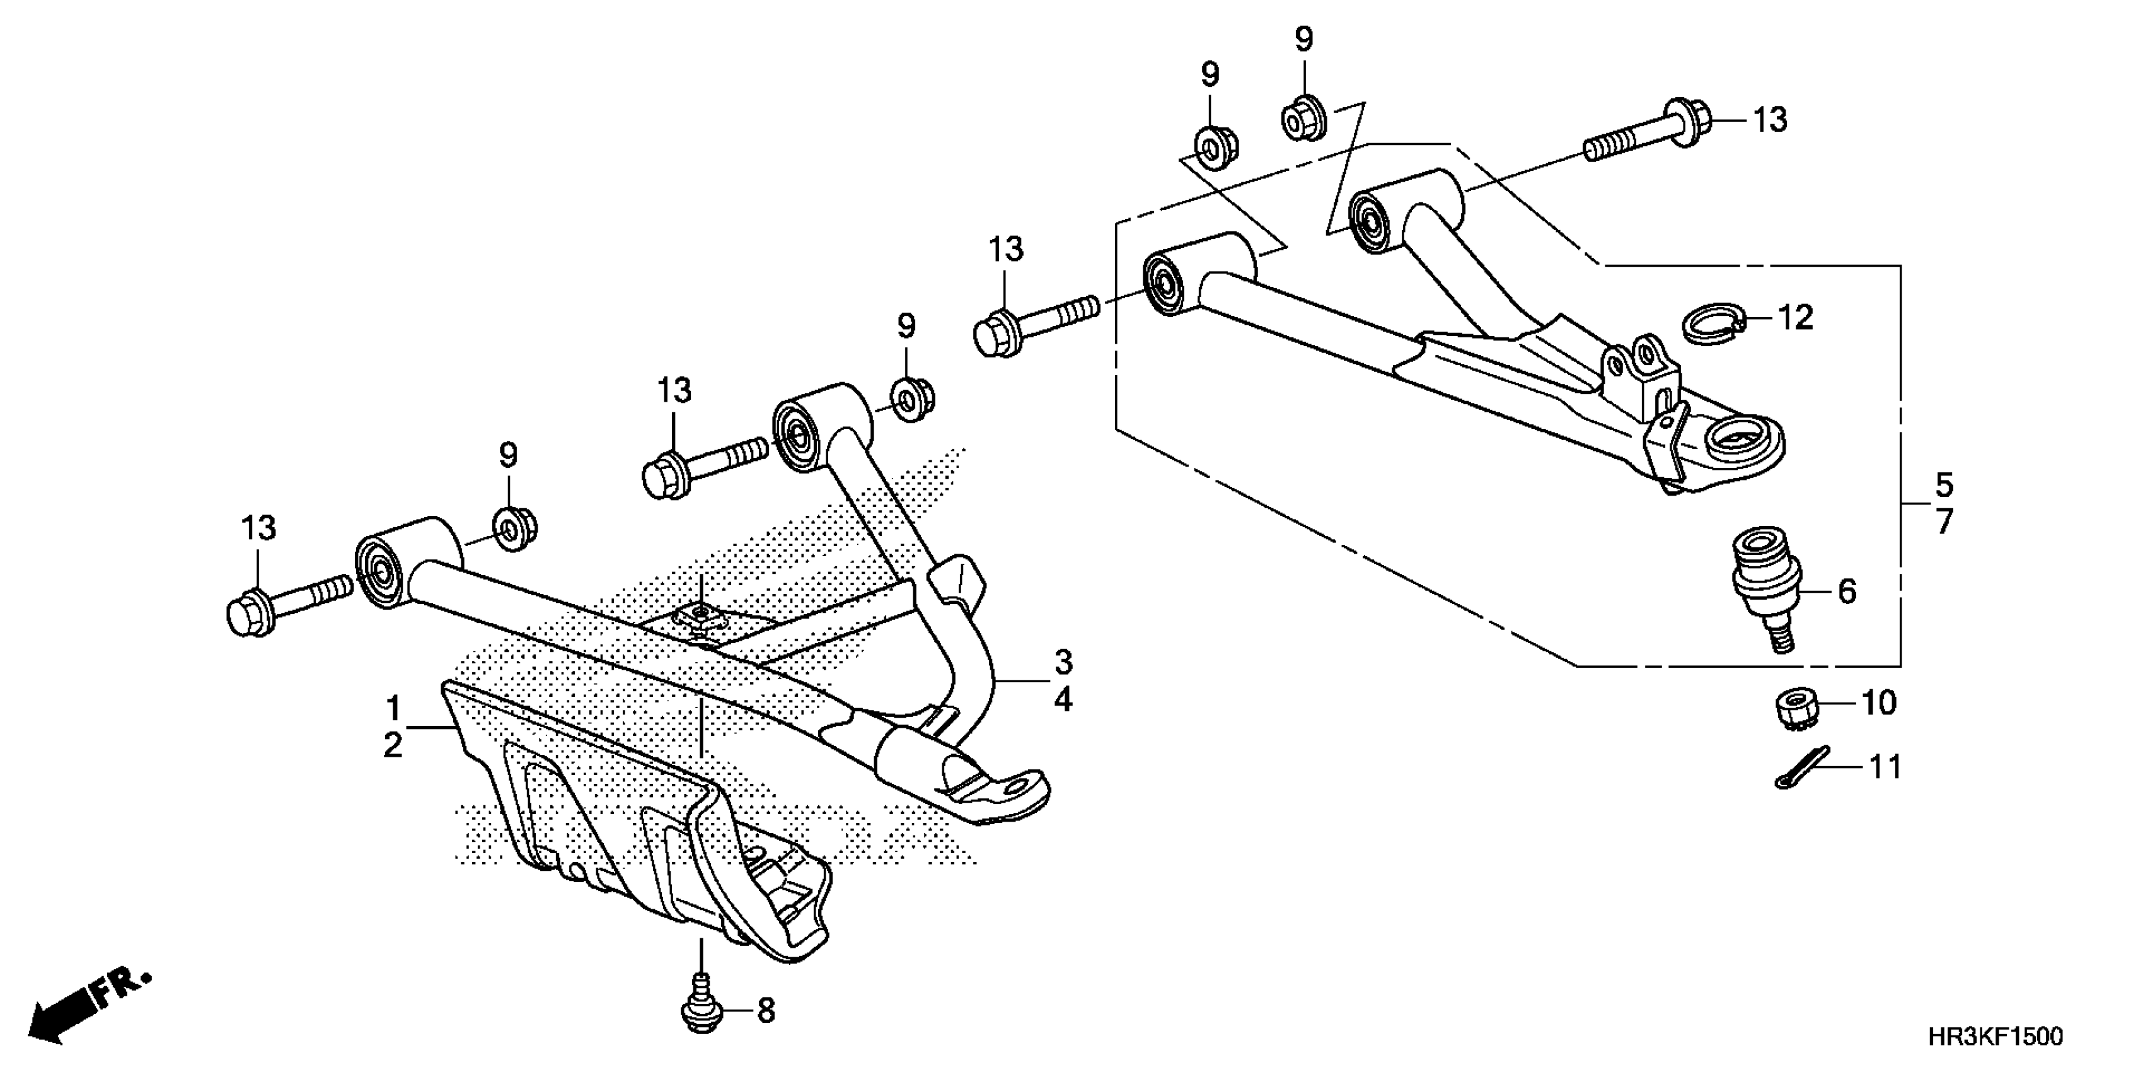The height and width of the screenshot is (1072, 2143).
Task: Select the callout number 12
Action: (x=1795, y=318)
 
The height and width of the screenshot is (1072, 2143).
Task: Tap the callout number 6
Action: (x=1846, y=591)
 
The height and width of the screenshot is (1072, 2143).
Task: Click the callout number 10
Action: (x=1878, y=703)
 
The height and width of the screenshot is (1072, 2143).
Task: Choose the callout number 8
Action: (x=765, y=1011)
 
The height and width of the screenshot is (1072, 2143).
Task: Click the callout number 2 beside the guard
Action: (x=393, y=745)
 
